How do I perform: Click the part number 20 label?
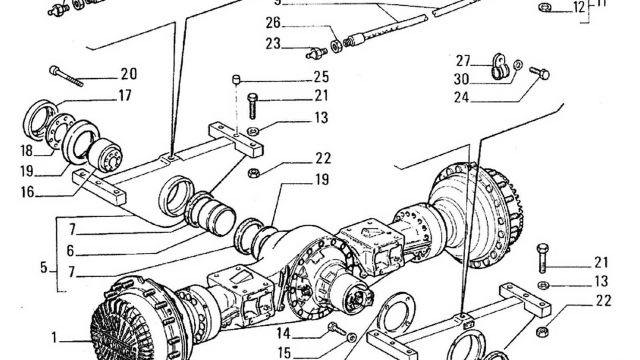[129, 74]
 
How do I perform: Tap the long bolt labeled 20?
[66, 76]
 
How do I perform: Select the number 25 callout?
[321, 77]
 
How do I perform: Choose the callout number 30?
[461, 79]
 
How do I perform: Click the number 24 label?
[461, 97]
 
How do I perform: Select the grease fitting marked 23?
[316, 53]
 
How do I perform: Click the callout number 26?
[273, 23]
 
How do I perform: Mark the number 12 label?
[579, 7]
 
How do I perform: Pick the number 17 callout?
[125, 96]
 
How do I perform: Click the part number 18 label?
[26, 151]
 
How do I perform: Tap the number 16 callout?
[27, 192]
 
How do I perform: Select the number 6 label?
[70, 251]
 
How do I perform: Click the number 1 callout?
[54, 338]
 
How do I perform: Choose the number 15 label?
[284, 353]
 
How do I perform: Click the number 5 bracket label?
[44, 267]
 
